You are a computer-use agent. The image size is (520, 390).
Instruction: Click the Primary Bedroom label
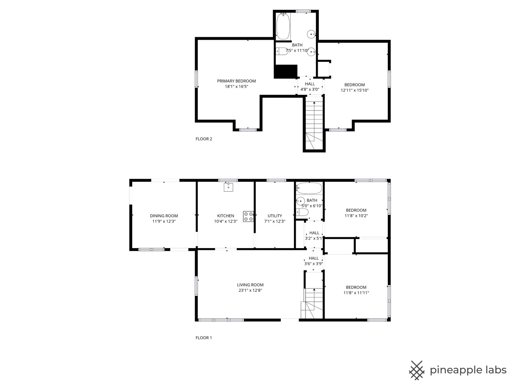coord(236,81)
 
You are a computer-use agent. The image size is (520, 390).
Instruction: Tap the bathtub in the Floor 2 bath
coord(283,26)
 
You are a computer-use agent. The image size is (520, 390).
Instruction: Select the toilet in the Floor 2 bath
coord(282,51)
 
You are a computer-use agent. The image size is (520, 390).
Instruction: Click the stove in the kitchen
coord(248,216)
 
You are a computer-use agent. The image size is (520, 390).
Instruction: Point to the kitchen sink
coord(228,187)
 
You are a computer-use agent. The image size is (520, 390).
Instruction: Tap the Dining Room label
coord(164,216)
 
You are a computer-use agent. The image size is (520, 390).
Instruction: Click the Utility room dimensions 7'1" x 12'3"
coord(274,221)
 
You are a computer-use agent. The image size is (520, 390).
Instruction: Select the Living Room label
coord(250,285)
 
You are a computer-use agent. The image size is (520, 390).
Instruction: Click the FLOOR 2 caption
coord(204,139)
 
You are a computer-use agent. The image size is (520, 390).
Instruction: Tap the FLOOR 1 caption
coord(204,338)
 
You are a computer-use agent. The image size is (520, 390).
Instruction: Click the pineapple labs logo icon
coord(416,370)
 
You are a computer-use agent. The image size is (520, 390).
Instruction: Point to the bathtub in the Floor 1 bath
coord(309,188)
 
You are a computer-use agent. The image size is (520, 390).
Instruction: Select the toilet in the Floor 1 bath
coord(302,212)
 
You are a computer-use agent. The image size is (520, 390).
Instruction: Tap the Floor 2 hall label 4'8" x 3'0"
coord(310,90)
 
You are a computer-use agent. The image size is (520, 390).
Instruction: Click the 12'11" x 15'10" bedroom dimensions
coord(355,90)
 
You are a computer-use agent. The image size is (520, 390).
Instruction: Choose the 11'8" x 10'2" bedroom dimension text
coord(356,216)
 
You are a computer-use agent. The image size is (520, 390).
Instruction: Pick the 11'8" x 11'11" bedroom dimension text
coord(356,292)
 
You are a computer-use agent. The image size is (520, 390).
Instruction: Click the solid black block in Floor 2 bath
coord(286,71)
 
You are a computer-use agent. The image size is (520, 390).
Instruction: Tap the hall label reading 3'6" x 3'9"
coord(313,264)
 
